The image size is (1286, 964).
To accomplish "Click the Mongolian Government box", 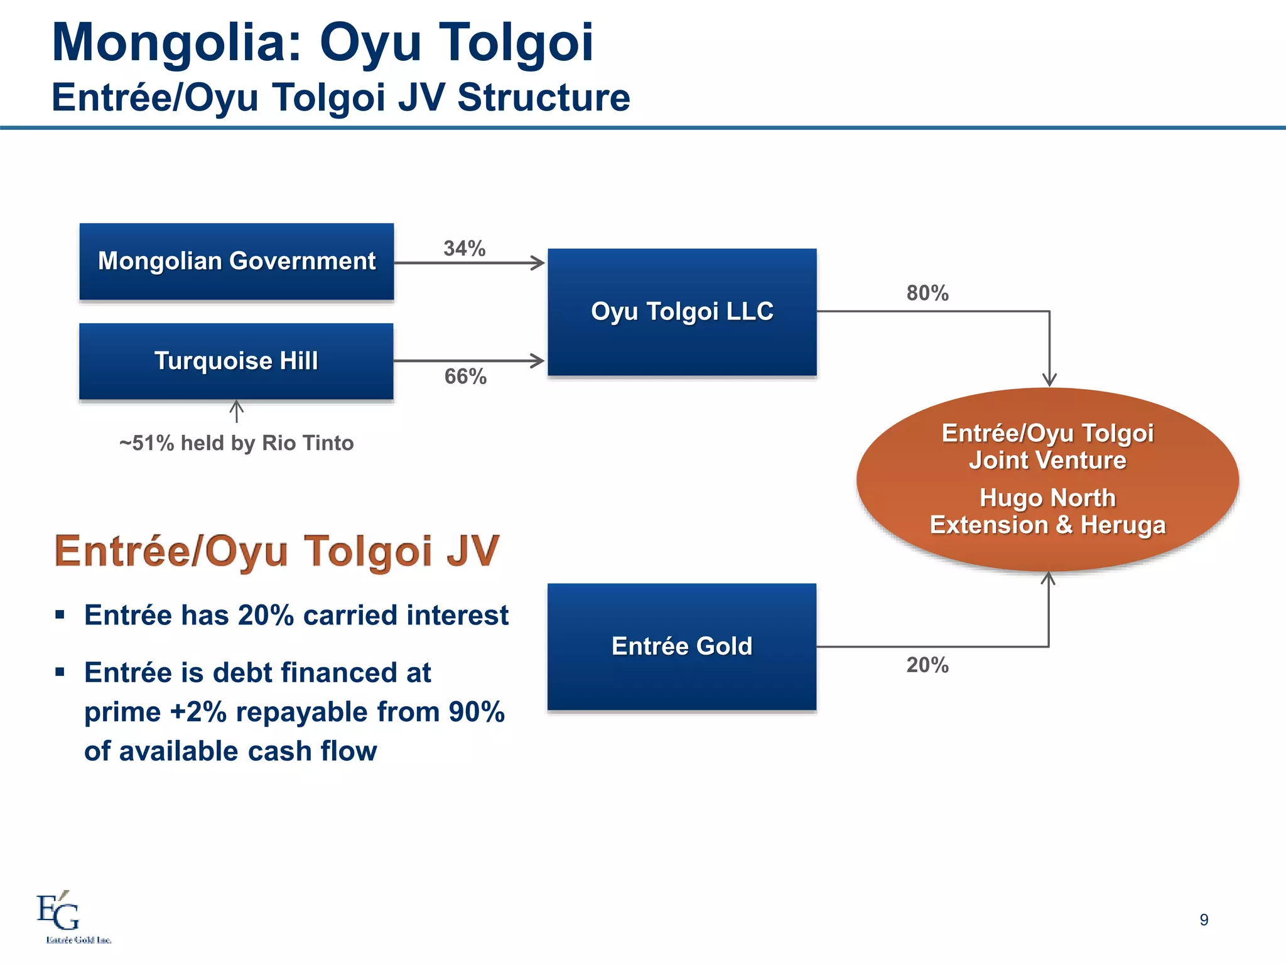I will (x=236, y=261).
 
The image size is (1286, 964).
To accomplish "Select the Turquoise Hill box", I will (x=236, y=361).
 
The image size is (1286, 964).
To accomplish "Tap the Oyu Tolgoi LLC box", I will (x=682, y=312).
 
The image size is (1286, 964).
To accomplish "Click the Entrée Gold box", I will (x=682, y=646).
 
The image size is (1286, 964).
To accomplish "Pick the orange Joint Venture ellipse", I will (x=1047, y=479).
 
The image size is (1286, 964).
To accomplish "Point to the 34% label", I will (x=465, y=249).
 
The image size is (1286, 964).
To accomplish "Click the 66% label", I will (x=465, y=377).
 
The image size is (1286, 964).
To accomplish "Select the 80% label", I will (x=927, y=293).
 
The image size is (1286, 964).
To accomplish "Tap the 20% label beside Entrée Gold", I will (x=927, y=665).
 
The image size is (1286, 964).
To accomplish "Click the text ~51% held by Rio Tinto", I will (x=236, y=443).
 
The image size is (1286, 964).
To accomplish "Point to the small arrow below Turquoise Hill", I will (x=236, y=411).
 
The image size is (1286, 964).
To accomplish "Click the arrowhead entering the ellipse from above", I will (x=1049, y=380).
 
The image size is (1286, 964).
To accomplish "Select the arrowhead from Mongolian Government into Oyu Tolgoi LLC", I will (x=538, y=263).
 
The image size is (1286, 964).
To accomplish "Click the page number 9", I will (x=1204, y=919).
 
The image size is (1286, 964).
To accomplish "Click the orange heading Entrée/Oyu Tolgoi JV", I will (x=276, y=551).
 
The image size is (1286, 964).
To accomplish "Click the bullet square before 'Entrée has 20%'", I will (x=60, y=614).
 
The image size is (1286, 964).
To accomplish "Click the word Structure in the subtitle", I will (x=543, y=98).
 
